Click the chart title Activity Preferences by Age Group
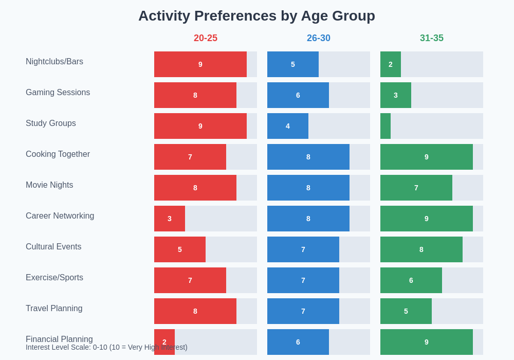coord(256,16)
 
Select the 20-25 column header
coord(206,38)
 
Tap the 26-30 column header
coord(319,38)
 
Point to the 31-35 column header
coord(432,38)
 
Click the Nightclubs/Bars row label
coord(54,62)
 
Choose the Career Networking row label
coord(60,216)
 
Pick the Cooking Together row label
coord(58,154)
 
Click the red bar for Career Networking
coord(170,219)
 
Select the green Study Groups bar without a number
coord(385,126)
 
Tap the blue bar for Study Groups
coord(288,126)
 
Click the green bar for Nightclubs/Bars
coord(391,64)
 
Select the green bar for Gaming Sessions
coord(396,95)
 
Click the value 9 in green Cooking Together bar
coord(427,157)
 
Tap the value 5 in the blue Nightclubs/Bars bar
coord(293,64)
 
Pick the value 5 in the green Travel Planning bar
coord(406,311)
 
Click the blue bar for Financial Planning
coord(298,342)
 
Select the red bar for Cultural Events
coord(180,249)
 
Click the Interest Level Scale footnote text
coord(106,348)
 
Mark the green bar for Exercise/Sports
coord(411,280)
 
